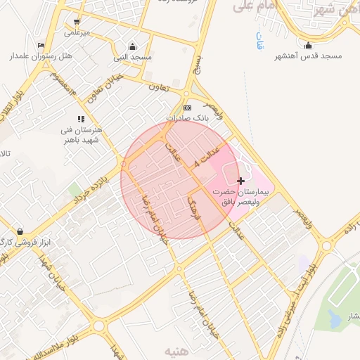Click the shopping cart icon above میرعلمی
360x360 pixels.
point(77,22)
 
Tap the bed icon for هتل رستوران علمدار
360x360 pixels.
point(40,46)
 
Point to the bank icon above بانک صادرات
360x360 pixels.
point(186,108)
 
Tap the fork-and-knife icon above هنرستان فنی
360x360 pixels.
point(81,120)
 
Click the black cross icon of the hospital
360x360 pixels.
point(240,181)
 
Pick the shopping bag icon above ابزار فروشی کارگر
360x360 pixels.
point(19,231)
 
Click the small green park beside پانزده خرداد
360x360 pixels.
point(75,189)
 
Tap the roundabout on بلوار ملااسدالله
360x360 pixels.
point(99,326)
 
